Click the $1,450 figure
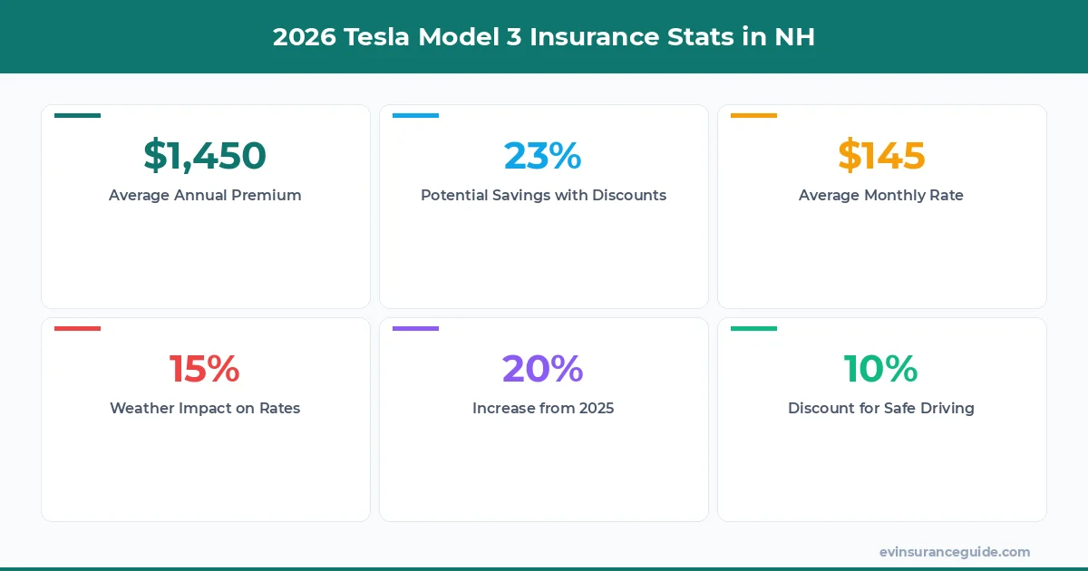point(205,156)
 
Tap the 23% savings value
point(543,156)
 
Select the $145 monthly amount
point(881,156)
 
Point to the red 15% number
point(205,369)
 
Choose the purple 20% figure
point(543,369)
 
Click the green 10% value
point(881,369)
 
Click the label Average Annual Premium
point(205,195)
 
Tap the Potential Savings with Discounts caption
point(543,195)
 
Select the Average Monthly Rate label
point(881,195)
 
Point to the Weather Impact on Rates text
point(205,408)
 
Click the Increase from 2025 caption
point(543,408)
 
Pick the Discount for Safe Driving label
point(881,408)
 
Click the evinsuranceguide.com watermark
point(955,552)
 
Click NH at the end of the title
point(795,37)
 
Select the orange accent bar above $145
point(753,116)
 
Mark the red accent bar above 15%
point(77,328)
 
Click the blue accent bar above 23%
point(415,116)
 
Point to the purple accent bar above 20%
point(415,328)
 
